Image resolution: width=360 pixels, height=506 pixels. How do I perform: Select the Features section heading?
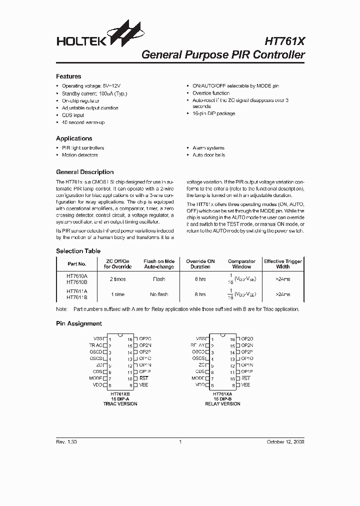(68, 76)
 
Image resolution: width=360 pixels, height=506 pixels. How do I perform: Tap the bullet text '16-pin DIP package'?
(213, 113)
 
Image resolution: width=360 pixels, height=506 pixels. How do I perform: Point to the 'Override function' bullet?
(211, 93)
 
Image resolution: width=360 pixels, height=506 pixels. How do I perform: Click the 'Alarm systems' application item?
(208, 148)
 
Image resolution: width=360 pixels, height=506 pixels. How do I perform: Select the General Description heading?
(84, 172)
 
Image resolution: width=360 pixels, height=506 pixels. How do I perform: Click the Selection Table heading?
(78, 251)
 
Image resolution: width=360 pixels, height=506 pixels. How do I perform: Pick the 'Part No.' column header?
(77, 263)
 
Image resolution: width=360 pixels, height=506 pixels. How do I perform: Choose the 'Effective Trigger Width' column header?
(283, 263)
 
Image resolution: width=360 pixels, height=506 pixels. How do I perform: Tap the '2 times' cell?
(117, 279)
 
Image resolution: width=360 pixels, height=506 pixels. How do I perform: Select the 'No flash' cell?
(159, 294)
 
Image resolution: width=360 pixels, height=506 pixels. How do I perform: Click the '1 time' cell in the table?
(117, 294)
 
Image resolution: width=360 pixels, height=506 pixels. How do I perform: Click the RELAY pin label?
(197, 345)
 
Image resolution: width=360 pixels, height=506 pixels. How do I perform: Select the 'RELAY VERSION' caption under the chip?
(222, 404)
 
